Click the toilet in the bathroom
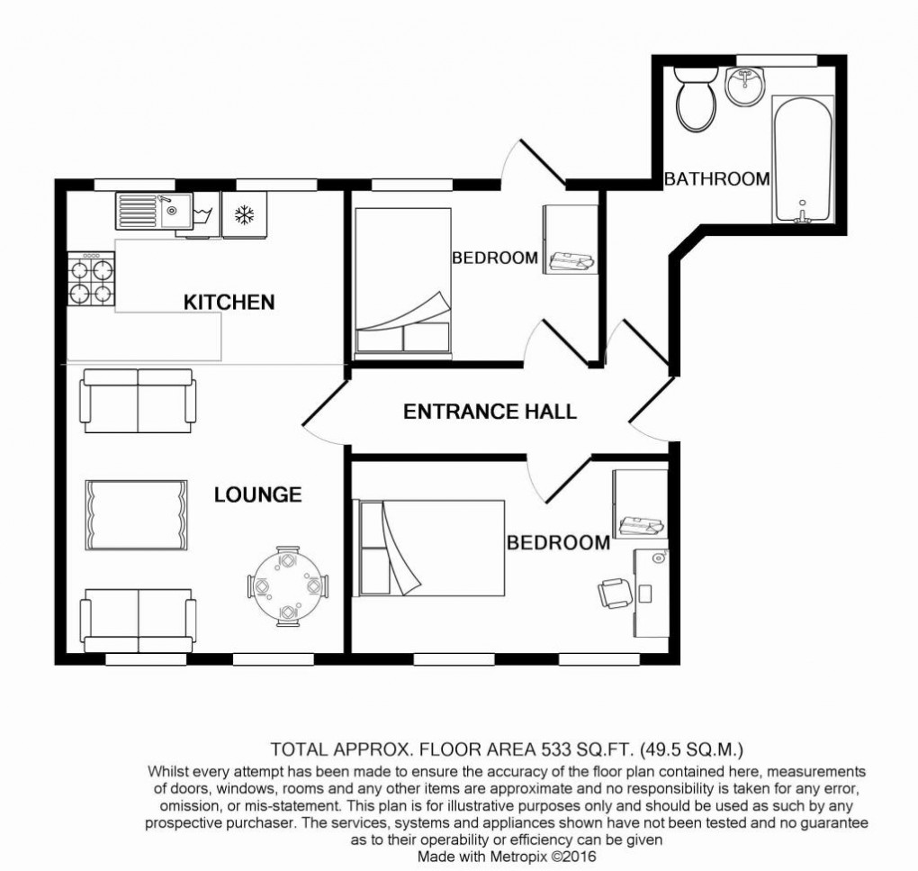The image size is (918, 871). pyautogui.click(x=696, y=100)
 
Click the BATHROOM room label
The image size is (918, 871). pyautogui.click(x=716, y=179)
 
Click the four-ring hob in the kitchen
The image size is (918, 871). pyautogui.click(x=91, y=281)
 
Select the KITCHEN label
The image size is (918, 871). pyautogui.click(x=229, y=302)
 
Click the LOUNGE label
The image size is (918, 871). pyautogui.click(x=257, y=494)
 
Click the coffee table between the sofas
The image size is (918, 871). pyautogui.click(x=136, y=515)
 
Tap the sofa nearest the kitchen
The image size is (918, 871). pyautogui.click(x=137, y=401)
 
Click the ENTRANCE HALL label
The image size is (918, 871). pyautogui.click(x=490, y=412)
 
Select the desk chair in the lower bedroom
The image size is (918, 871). pyautogui.click(x=615, y=594)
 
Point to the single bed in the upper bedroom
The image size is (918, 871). pyautogui.click(x=402, y=280)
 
